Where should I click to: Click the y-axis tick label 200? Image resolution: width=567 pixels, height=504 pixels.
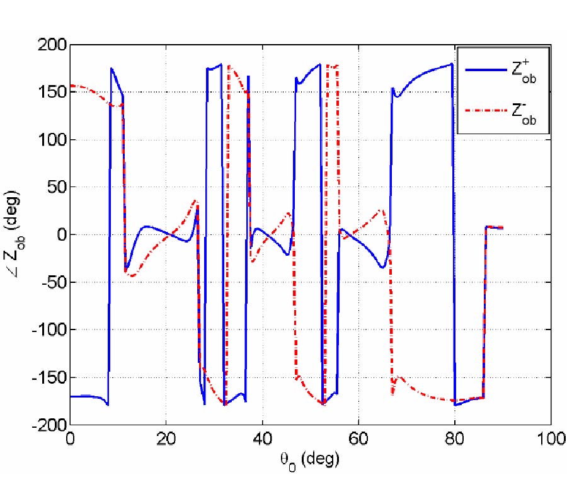(50, 45)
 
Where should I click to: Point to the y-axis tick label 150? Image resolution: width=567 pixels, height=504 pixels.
(50, 92)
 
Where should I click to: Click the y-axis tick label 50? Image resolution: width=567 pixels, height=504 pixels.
(54, 187)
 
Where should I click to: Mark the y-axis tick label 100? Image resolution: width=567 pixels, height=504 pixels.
(50, 140)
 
